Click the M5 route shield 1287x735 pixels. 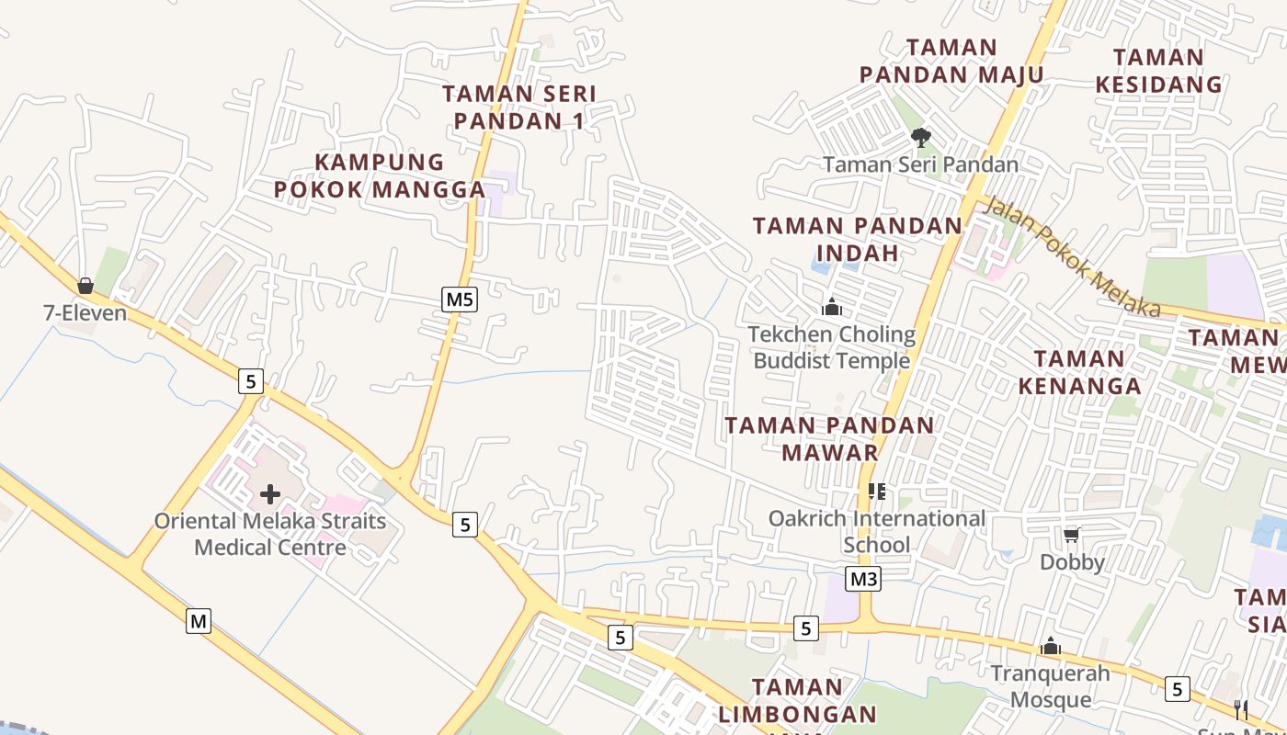[x=460, y=299]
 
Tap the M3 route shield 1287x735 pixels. [x=863, y=579]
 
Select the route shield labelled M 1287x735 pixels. [x=199, y=621]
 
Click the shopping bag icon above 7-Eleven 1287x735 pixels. [x=85, y=286]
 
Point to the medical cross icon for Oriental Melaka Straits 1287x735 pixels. [x=269, y=494]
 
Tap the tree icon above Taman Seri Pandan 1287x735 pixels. [x=919, y=138]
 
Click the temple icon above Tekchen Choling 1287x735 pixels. [x=832, y=307]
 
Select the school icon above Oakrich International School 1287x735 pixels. [x=877, y=492]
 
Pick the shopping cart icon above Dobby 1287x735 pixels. [x=1071, y=535]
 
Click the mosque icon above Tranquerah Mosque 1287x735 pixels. [x=1051, y=647]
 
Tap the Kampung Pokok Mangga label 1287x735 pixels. [x=380, y=175]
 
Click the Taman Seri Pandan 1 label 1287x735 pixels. [x=519, y=107]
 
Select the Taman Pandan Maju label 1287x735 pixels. [x=951, y=61]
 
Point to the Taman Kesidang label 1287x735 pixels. [x=1158, y=71]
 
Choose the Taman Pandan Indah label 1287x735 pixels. [x=857, y=239]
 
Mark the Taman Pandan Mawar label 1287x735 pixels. [x=830, y=438]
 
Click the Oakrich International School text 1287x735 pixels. [x=877, y=531]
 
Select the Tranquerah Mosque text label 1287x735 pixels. [x=1051, y=686]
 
